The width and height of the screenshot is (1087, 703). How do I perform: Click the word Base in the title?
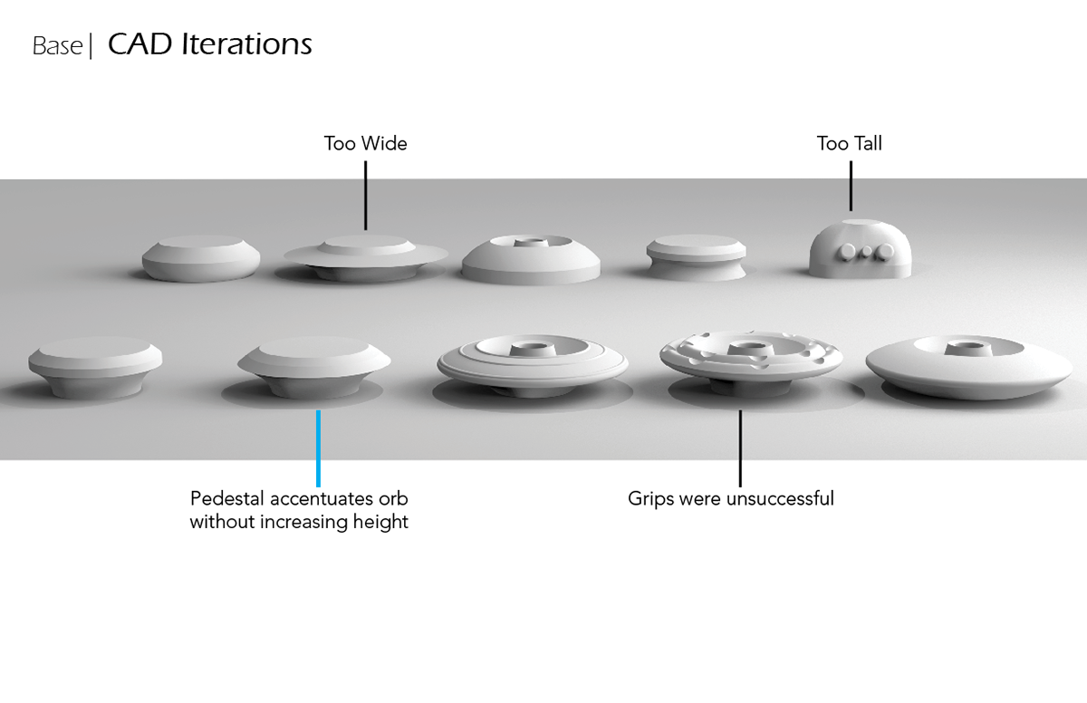(57, 45)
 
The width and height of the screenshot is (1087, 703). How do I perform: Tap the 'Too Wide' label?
(365, 143)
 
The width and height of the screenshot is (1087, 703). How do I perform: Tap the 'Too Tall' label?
(849, 143)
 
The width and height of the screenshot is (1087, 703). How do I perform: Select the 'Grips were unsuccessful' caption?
(730, 498)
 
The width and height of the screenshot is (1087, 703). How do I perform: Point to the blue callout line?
(318, 448)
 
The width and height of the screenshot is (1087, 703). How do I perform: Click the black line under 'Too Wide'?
(365, 194)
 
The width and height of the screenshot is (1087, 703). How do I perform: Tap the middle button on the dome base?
(866, 251)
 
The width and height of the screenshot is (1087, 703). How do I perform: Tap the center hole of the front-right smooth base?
(959, 348)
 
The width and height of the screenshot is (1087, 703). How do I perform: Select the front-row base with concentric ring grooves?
(532, 361)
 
